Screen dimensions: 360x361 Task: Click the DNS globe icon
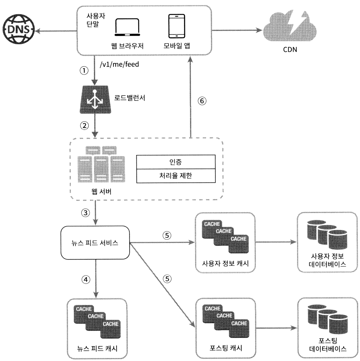tap(19, 29)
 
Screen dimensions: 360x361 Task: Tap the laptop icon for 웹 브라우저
tap(127, 27)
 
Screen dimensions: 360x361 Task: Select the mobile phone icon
tap(177, 26)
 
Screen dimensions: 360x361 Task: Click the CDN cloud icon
tap(290, 27)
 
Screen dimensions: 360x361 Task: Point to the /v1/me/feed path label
tap(119, 64)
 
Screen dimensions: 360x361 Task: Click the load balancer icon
tap(95, 100)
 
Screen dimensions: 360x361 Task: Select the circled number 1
tap(84, 70)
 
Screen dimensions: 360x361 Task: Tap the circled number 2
tap(84, 126)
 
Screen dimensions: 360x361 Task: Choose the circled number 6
tap(202, 101)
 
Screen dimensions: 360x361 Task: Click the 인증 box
tap(176, 162)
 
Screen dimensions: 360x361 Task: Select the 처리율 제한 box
tap(176, 176)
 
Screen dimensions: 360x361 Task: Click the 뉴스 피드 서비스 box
tap(95, 243)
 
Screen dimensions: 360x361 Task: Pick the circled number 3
tap(85, 213)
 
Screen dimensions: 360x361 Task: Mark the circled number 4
tap(86, 280)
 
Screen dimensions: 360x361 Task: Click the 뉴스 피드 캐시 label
tap(97, 349)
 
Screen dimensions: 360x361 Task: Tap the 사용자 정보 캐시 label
tap(226, 263)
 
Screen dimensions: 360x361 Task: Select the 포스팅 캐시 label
tap(226, 348)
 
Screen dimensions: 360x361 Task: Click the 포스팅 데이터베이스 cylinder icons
tap(327, 319)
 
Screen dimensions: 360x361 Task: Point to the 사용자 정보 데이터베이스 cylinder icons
tap(327, 234)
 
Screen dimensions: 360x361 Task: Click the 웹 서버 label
tap(102, 192)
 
